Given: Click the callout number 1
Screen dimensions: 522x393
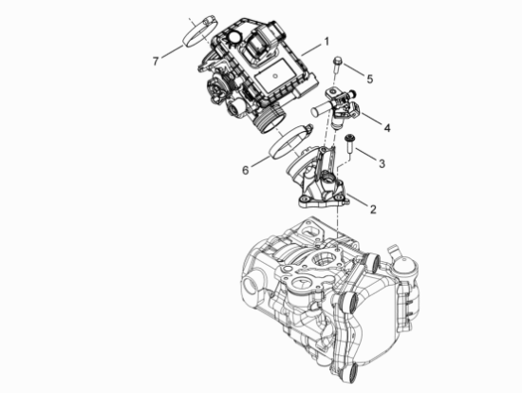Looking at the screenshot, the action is tap(326, 42).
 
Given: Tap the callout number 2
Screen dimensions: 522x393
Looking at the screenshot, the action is tap(373, 210).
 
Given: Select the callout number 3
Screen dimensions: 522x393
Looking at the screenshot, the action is tap(382, 163).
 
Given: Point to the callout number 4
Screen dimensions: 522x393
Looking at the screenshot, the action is tap(387, 128).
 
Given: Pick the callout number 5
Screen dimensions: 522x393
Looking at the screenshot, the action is tap(370, 79).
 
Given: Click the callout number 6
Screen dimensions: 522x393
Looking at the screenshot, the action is tap(246, 170).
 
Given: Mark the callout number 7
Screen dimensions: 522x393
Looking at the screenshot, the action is tap(156, 62).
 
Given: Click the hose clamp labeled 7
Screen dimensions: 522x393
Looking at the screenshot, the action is tap(200, 32).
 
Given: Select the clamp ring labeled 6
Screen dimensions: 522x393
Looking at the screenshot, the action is tap(291, 141).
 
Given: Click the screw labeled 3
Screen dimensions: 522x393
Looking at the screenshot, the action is tap(349, 143).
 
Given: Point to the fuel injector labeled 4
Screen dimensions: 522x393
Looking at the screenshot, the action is tap(336, 106).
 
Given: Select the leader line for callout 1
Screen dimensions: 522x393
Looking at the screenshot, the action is tap(311, 49).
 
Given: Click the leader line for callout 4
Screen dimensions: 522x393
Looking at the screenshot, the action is tap(372, 120).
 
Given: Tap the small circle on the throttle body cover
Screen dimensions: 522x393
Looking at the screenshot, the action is tap(275, 76).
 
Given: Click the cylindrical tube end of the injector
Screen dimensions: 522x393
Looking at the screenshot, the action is tap(320, 110).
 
